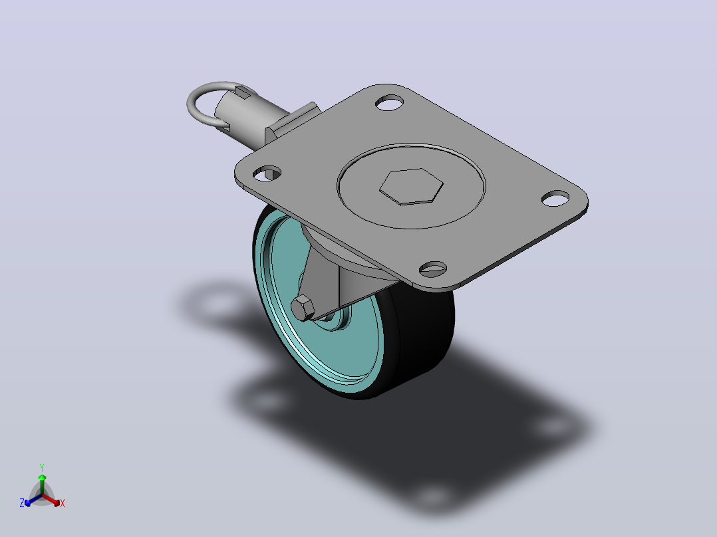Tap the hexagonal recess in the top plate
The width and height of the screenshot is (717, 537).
(x=411, y=186)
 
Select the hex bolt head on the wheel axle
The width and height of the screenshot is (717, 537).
(x=302, y=308)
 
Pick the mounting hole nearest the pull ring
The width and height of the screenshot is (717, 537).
(x=267, y=173)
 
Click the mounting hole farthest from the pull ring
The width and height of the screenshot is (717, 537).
(x=555, y=198)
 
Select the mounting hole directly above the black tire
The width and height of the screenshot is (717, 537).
(x=432, y=268)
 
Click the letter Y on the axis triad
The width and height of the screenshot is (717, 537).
(x=42, y=467)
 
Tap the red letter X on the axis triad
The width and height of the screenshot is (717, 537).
(x=63, y=503)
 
